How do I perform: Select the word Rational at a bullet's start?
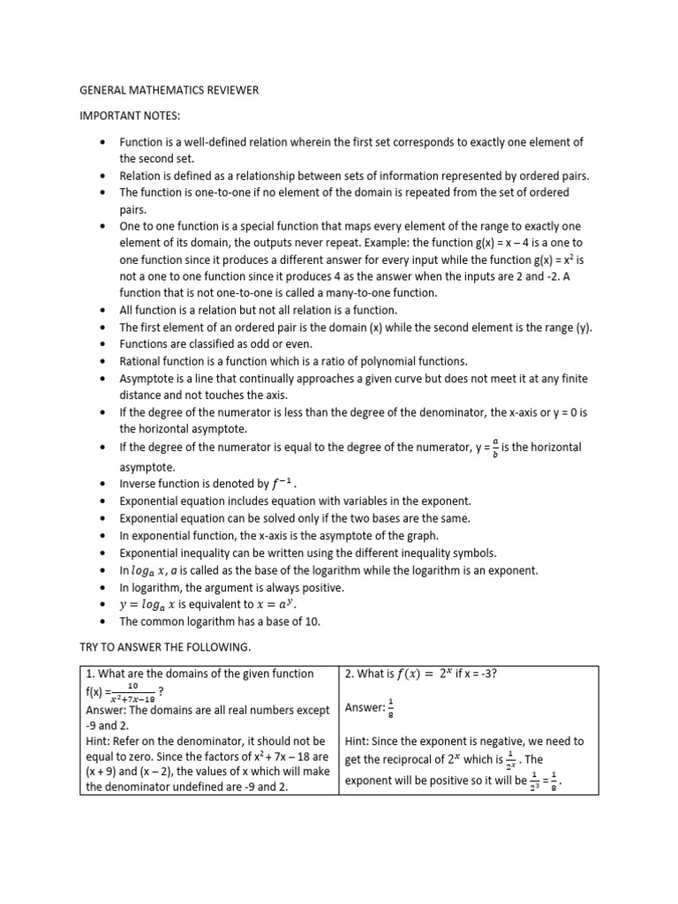point(141,361)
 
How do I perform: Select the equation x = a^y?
point(274,605)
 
